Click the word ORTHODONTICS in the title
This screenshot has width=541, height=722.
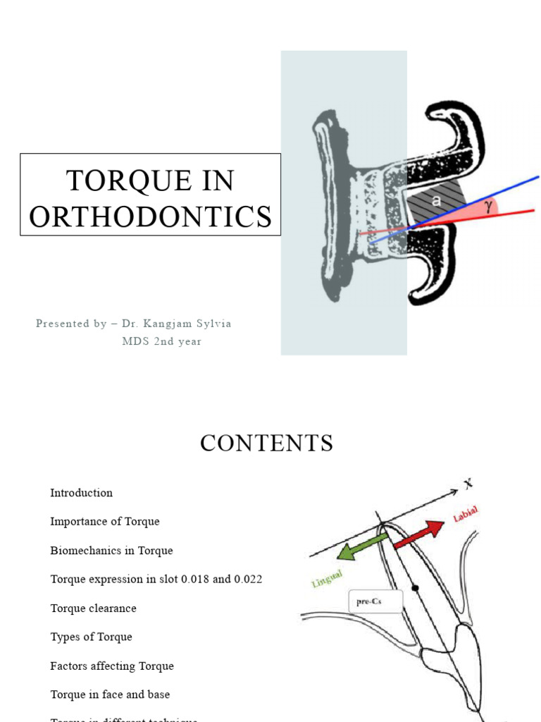click(151, 216)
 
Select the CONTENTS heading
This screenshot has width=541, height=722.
click(266, 443)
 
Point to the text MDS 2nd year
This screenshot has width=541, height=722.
click(161, 341)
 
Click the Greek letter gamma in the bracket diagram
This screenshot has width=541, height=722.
click(488, 205)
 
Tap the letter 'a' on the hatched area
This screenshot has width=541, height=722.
click(436, 201)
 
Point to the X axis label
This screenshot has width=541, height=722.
click(468, 484)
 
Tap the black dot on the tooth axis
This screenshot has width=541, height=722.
click(416, 587)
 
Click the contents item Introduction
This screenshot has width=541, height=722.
click(81, 493)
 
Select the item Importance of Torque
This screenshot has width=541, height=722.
click(105, 522)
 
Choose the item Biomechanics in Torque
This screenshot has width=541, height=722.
click(111, 551)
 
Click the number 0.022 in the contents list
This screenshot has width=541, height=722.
click(249, 580)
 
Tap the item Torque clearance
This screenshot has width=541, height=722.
click(93, 608)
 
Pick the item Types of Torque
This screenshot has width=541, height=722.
click(91, 637)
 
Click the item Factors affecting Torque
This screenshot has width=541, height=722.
click(112, 666)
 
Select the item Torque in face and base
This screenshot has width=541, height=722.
click(110, 695)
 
